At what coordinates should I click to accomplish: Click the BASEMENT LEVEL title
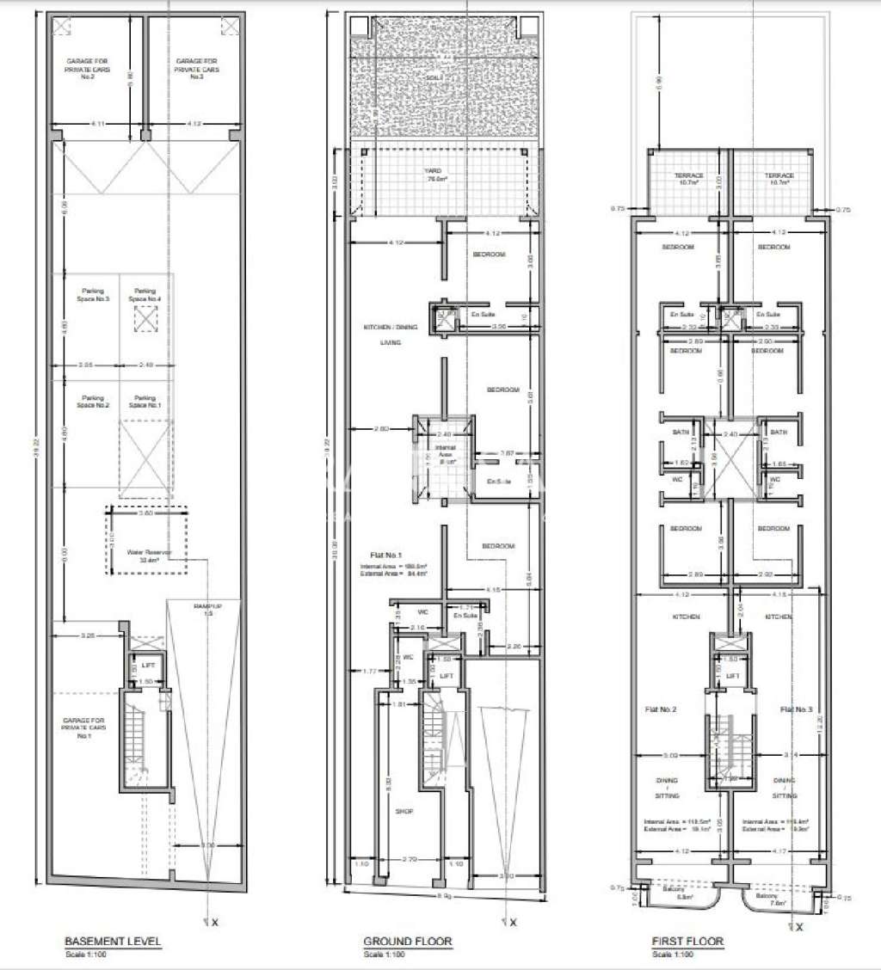(x=113, y=942)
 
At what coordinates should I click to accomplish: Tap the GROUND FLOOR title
(x=408, y=942)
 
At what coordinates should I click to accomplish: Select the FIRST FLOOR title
(x=687, y=942)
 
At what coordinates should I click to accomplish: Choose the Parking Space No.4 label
(x=145, y=294)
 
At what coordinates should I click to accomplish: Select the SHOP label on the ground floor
(x=404, y=811)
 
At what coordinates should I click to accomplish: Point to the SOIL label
(x=434, y=77)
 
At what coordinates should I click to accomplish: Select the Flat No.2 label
(x=661, y=709)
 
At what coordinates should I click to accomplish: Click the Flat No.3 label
(x=797, y=709)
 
